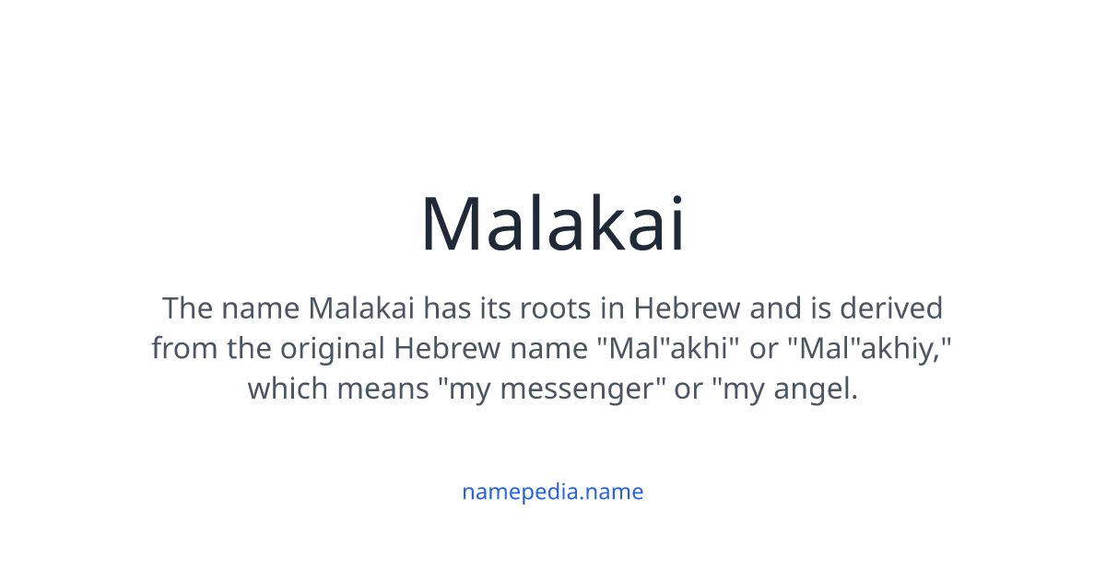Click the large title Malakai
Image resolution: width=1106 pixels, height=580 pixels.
tap(553, 224)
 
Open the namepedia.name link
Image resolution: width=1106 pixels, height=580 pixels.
tap(552, 492)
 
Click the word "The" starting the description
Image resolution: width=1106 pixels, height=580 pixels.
tap(187, 307)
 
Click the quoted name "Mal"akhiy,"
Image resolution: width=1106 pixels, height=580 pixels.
tap(876, 348)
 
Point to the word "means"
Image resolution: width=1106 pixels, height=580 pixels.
tap(382, 389)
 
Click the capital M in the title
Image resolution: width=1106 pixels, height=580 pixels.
tap(451, 224)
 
